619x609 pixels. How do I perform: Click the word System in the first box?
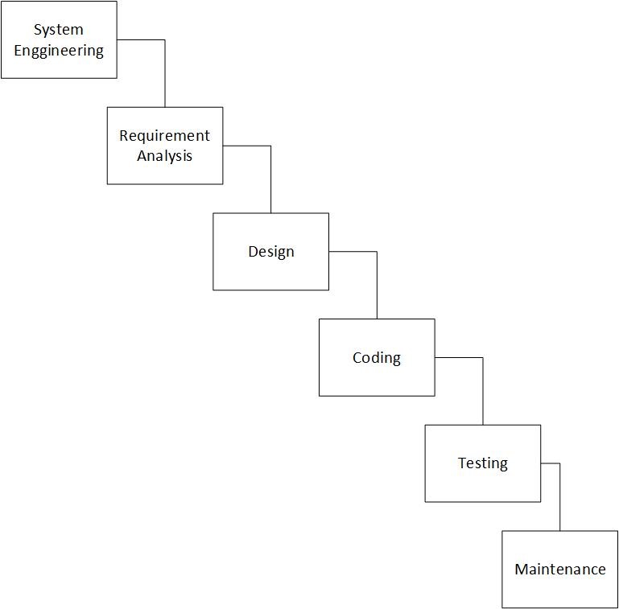(x=59, y=30)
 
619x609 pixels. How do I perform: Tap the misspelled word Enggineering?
(x=59, y=51)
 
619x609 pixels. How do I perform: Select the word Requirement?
(x=164, y=135)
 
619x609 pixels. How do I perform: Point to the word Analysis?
(x=164, y=156)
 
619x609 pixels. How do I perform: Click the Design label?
(x=270, y=251)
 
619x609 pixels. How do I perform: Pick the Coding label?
(x=377, y=357)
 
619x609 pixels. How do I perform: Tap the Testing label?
(x=483, y=463)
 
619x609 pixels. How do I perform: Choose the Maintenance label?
(x=560, y=570)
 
